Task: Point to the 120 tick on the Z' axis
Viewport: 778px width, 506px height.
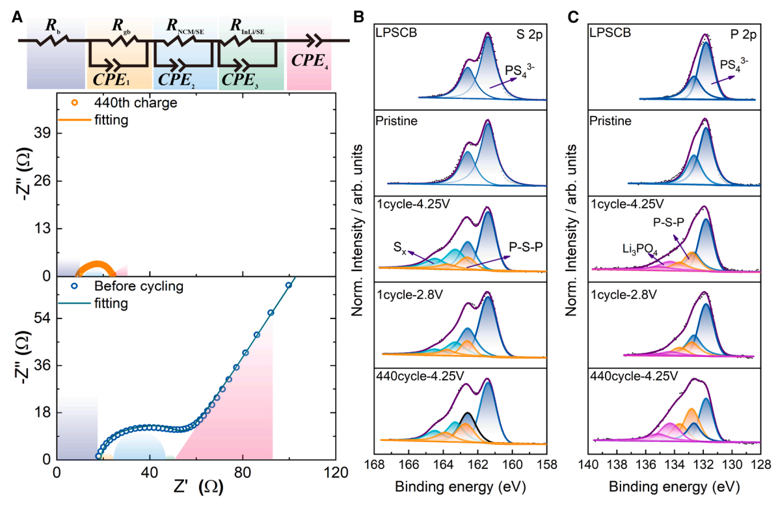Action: tap(336, 471)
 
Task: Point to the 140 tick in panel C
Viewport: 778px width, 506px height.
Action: tap(589, 466)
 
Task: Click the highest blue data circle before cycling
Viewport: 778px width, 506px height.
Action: tap(289, 285)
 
